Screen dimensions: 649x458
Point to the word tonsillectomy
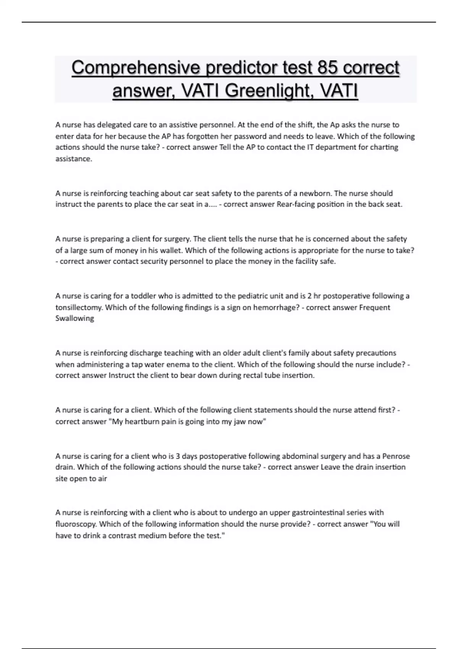pyautogui.click(x=79, y=307)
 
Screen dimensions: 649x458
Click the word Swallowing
pyautogui.click(x=75, y=318)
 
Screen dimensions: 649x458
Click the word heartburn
pyautogui.click(x=145, y=421)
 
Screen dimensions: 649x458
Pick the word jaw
pyautogui.click(x=238, y=421)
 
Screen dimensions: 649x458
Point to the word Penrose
pyautogui.click(x=396, y=456)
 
